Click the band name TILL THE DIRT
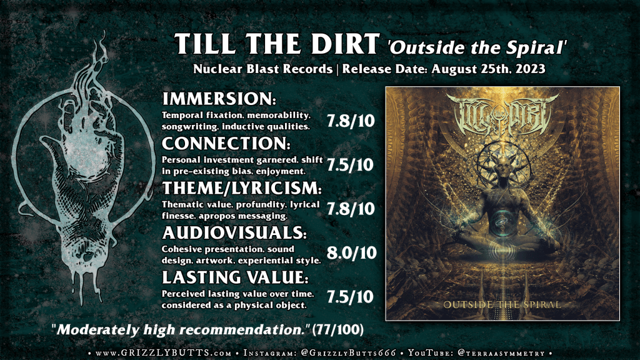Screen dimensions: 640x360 coord(277,44)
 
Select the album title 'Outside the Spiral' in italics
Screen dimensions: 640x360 coord(477,47)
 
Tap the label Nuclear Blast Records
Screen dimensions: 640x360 coord(263,69)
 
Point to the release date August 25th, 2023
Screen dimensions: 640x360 coord(488,69)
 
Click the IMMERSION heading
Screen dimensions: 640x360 coord(219,99)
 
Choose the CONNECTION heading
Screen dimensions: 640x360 coord(226,143)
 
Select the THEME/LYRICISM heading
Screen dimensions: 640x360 coord(242,188)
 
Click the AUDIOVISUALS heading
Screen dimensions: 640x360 coord(234,232)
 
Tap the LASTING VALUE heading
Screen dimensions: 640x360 coord(235,277)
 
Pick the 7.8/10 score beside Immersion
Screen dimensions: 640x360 coord(351,121)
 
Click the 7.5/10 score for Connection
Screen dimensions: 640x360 coord(350,165)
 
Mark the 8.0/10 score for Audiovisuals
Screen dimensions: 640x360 coord(351,253)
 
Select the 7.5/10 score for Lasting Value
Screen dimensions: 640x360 coord(350,297)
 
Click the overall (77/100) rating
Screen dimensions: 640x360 coord(337,329)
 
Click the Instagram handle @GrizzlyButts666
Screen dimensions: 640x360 coord(349,353)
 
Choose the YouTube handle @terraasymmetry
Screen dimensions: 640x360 coord(502,353)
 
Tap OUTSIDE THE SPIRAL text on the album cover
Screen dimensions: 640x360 coord(502,305)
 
